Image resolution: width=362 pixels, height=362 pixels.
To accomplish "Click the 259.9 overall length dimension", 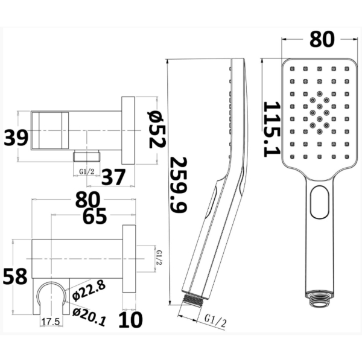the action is [178, 185].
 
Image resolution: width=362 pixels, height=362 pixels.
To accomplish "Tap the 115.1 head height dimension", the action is [271, 129].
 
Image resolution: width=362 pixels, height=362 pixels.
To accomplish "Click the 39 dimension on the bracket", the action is [16, 138].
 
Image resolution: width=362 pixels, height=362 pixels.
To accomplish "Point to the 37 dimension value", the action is [113, 177].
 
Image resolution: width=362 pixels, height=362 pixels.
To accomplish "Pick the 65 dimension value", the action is [95, 216].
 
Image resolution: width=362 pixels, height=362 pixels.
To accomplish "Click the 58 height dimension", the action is [15, 276].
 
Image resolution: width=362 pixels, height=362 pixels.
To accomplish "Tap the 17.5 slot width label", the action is [51, 322].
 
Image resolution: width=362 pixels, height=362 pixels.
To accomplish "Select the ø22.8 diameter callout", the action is [89, 290].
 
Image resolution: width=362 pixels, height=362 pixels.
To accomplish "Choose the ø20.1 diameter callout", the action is [89, 317].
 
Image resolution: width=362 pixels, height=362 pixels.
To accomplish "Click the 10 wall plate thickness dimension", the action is [130, 320].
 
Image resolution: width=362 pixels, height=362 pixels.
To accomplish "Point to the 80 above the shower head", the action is [322, 39].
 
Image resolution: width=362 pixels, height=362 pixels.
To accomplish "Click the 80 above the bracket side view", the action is [87, 200].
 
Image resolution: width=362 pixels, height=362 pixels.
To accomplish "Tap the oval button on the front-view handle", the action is [320, 202].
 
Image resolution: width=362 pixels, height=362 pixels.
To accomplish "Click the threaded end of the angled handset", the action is [193, 299].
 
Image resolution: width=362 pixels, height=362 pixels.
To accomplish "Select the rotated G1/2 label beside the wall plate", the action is [159, 258].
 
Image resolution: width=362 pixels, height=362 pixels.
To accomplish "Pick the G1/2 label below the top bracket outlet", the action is [87, 172].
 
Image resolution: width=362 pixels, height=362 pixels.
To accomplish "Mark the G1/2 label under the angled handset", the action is [215, 320].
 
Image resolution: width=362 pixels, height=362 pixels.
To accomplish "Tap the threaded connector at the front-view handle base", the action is [319, 299].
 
